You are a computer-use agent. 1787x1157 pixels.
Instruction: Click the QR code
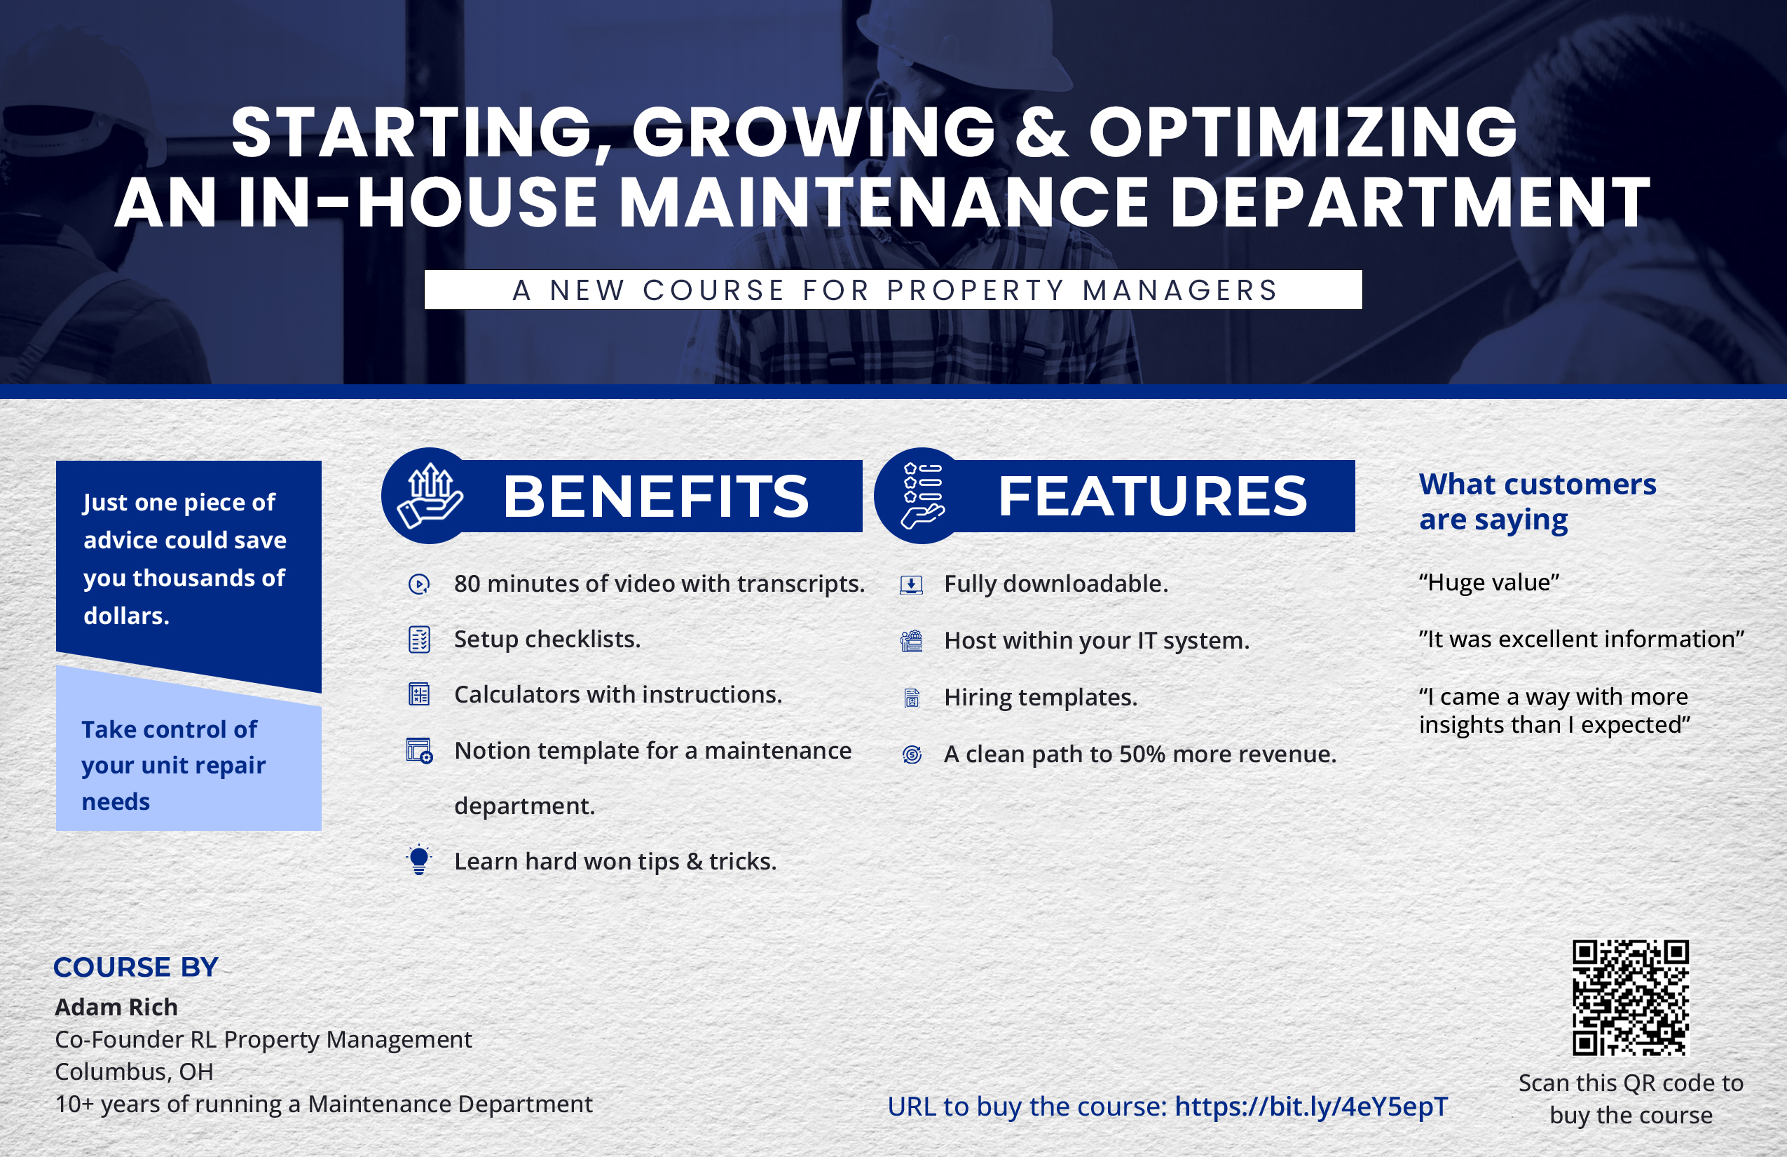point(1630,998)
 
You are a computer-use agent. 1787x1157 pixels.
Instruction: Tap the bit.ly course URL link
point(1311,1106)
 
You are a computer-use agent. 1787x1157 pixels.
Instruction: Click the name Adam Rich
point(116,1007)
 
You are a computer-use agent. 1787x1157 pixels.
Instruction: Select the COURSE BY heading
point(136,967)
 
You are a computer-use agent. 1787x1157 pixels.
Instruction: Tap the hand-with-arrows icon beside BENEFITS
point(430,496)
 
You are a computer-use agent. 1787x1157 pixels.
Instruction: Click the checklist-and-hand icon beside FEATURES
point(923,496)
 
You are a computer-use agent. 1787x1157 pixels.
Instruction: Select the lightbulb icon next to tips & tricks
point(419,860)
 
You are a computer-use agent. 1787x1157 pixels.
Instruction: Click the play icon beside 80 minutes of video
point(419,583)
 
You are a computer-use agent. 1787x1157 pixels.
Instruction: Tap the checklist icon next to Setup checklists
point(419,640)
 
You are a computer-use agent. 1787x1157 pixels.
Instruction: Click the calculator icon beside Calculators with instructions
point(419,694)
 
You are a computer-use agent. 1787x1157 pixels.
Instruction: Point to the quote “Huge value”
point(1489,582)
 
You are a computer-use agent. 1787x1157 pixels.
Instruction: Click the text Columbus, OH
point(135,1071)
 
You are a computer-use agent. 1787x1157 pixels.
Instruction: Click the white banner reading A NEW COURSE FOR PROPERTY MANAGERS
point(893,289)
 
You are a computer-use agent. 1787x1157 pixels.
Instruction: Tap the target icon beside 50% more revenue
point(912,755)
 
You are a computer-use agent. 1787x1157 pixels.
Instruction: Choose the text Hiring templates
point(1041,698)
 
